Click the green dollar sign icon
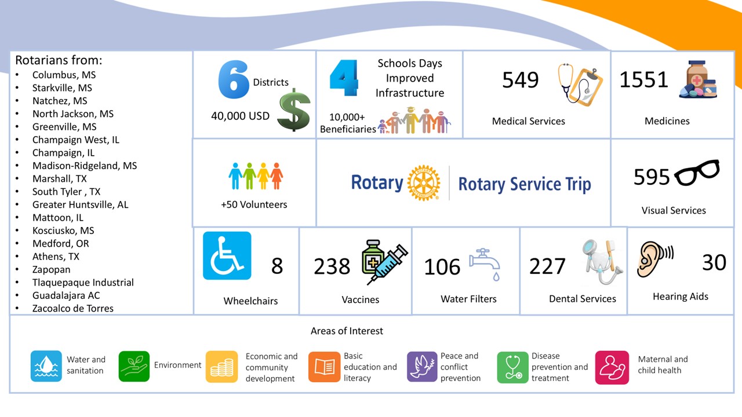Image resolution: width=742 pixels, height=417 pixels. [293, 109]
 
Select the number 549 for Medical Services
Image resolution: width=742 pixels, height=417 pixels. [520, 80]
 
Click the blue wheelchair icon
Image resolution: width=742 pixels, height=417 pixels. [227, 255]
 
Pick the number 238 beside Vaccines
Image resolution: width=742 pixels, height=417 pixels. [332, 266]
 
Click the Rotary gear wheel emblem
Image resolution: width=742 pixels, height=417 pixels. [424, 184]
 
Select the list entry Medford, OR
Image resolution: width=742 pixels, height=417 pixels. [60, 243]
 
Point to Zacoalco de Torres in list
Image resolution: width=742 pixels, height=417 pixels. [72, 308]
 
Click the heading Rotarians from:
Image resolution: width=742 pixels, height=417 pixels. [59, 60]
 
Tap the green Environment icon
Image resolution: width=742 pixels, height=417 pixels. [134, 366]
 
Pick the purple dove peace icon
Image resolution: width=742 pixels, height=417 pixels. [422, 367]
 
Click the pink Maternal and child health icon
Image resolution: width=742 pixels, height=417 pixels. [612, 367]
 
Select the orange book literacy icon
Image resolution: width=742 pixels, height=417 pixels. [324, 367]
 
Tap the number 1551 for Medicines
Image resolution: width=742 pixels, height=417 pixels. [643, 80]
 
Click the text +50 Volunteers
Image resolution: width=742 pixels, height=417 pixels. [254, 204]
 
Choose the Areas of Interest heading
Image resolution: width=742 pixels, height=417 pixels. [347, 331]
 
